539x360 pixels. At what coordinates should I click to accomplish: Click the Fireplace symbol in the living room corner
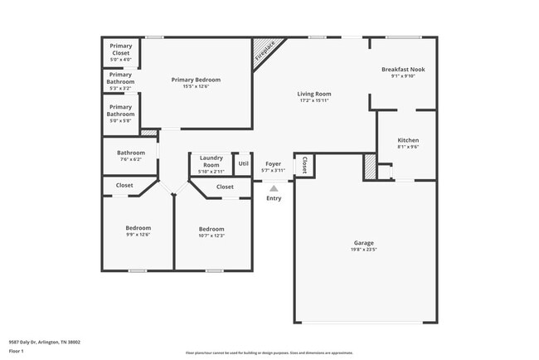click(x=265, y=51)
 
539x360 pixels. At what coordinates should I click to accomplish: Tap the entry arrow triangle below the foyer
click(x=274, y=189)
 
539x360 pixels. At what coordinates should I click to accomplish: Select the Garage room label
click(x=363, y=243)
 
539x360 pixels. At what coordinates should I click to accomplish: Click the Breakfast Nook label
click(x=402, y=70)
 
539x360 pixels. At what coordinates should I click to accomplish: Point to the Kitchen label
click(x=407, y=140)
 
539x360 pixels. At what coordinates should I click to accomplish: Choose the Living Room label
click(x=314, y=94)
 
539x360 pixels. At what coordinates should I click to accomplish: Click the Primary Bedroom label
click(x=196, y=80)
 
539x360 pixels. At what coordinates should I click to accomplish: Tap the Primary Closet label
click(x=121, y=50)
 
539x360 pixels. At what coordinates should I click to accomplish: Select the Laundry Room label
click(x=211, y=161)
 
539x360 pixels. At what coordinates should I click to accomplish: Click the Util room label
click(x=243, y=163)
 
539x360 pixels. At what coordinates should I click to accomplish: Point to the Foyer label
click(x=274, y=164)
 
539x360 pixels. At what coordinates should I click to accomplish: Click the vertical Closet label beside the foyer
click(x=305, y=165)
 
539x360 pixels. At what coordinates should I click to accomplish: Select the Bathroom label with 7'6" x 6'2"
click(x=131, y=153)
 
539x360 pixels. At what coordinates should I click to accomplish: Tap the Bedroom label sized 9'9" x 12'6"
click(x=138, y=228)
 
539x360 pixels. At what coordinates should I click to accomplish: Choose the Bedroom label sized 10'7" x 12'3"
click(x=211, y=229)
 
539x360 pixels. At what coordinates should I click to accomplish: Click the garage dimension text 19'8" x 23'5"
click(x=363, y=250)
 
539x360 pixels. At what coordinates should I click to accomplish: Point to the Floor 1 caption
click(x=17, y=351)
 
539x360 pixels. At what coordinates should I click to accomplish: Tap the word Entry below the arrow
click(x=274, y=198)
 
